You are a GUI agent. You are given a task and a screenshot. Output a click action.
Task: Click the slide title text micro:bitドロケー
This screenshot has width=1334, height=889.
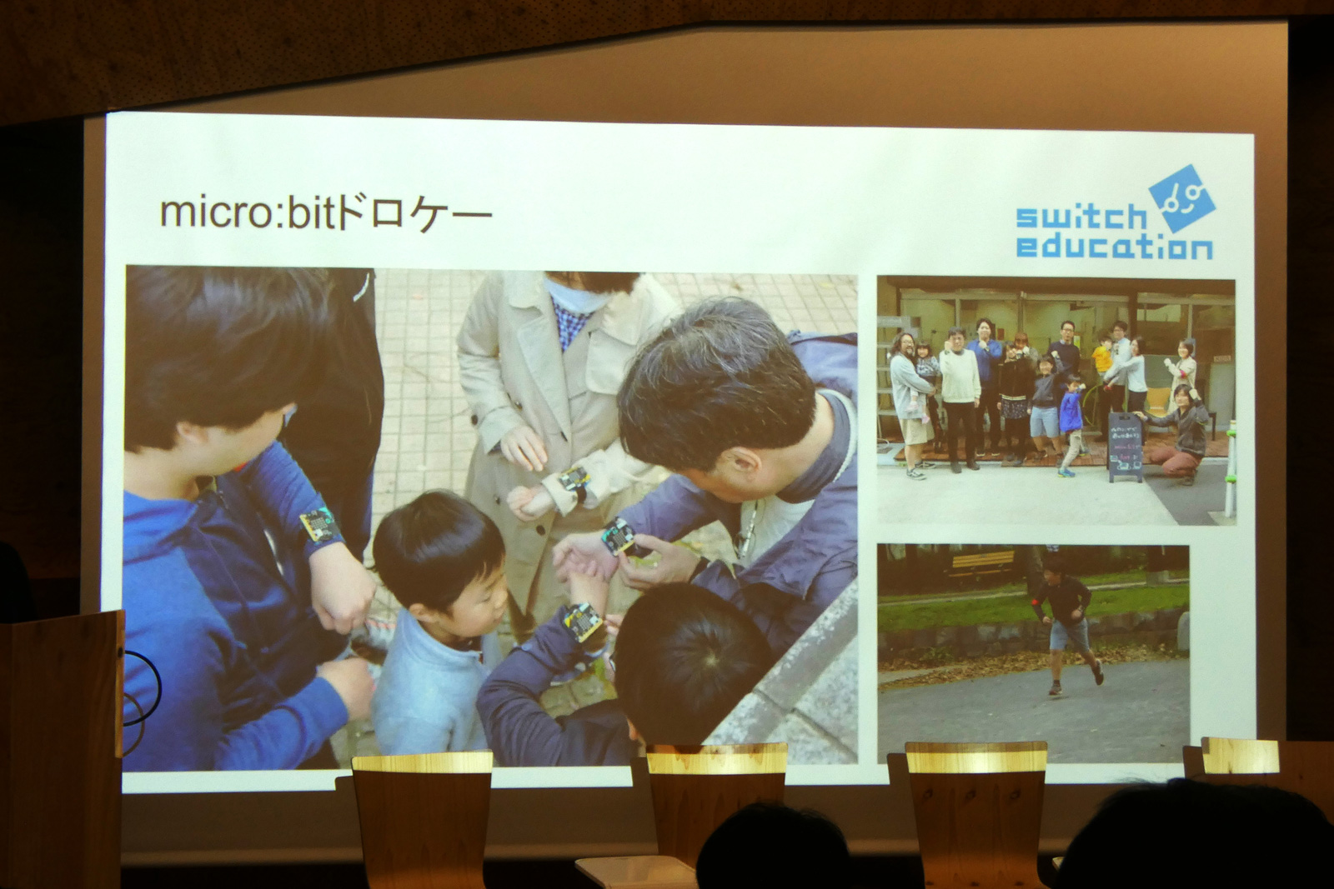[325, 213]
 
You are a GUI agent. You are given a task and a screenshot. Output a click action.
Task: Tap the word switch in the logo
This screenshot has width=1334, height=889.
[1081, 218]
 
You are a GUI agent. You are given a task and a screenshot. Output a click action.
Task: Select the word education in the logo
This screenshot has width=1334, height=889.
[1114, 247]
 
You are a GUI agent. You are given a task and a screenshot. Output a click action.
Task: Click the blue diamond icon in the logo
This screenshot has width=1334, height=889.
[1181, 197]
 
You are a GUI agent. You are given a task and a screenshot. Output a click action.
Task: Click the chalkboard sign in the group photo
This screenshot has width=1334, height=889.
[1125, 447]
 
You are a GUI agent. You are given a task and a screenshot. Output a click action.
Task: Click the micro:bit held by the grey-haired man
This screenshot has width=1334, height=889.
[618, 536]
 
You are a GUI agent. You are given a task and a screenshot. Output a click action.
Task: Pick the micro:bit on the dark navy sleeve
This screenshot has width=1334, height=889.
[583, 622]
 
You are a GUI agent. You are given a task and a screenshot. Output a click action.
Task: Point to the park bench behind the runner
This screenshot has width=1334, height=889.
[982, 567]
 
